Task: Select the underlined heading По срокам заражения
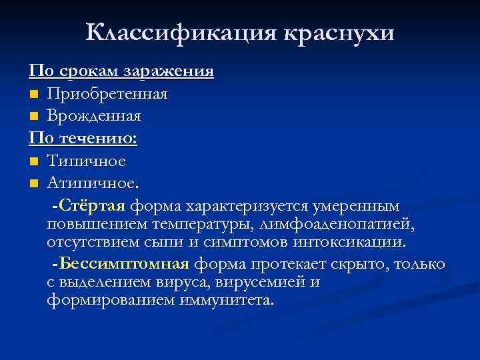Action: click(x=121, y=71)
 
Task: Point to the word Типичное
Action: click(x=86, y=161)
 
